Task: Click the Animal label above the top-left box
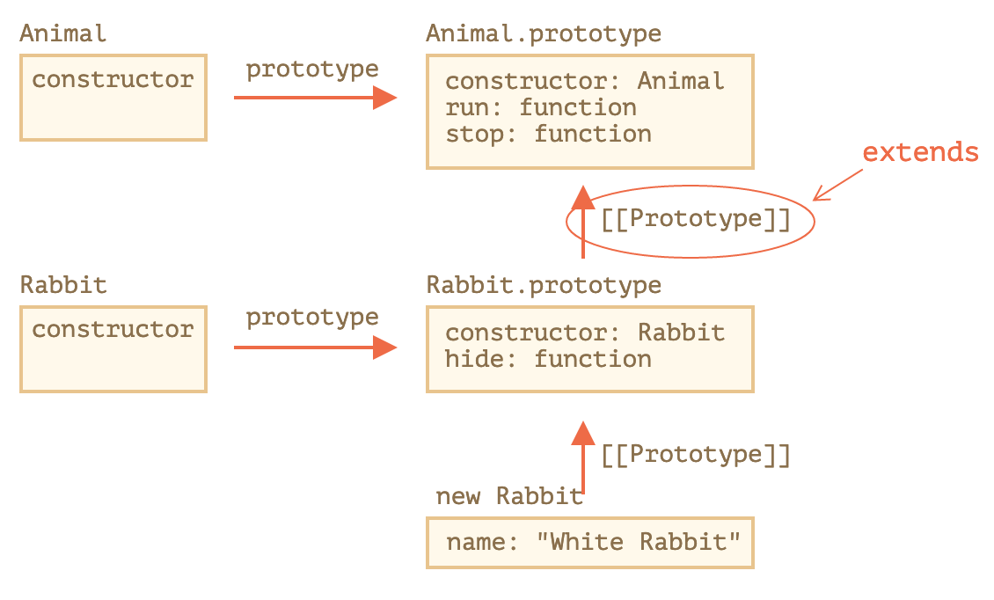click(62, 34)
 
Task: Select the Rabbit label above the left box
click(62, 285)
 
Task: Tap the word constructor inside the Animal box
click(113, 80)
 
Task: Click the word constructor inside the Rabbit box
click(113, 330)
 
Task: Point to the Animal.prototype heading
click(543, 34)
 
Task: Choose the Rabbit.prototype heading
click(543, 285)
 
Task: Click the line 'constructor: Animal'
click(584, 82)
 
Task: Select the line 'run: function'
click(540, 108)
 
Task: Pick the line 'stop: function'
click(548, 135)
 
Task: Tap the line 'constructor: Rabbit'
click(584, 333)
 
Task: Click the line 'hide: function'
click(548, 360)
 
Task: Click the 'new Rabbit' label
click(509, 497)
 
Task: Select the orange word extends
click(919, 153)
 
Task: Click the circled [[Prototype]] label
click(695, 220)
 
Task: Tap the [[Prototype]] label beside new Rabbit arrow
click(695, 456)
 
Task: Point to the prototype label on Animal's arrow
click(311, 70)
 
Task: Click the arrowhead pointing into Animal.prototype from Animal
click(384, 98)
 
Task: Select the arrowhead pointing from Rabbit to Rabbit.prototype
click(384, 348)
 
